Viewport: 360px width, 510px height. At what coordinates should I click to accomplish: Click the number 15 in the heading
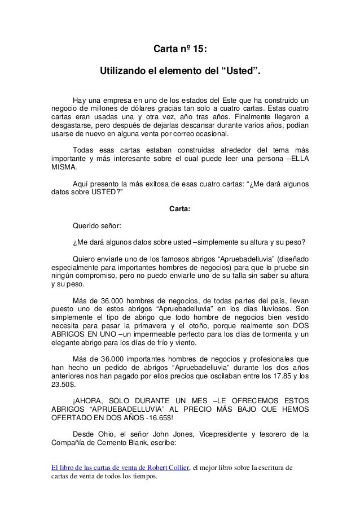(200, 50)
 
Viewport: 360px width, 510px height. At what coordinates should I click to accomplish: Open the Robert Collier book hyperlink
(120, 467)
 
